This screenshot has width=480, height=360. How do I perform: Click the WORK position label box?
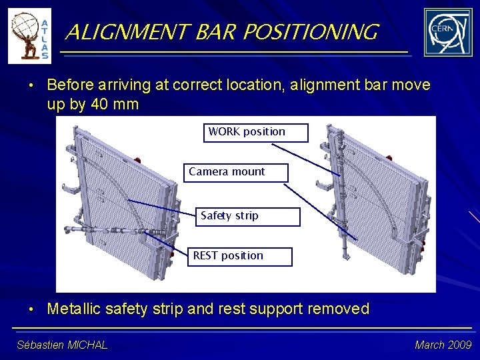[x=255, y=133]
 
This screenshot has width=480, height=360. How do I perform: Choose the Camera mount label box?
[x=236, y=173]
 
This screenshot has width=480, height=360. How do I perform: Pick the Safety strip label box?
[x=247, y=217]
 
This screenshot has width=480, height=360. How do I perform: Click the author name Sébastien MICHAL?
[x=62, y=345]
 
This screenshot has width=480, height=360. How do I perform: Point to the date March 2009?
[x=443, y=345]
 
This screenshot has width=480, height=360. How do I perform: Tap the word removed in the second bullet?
[x=340, y=309]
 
